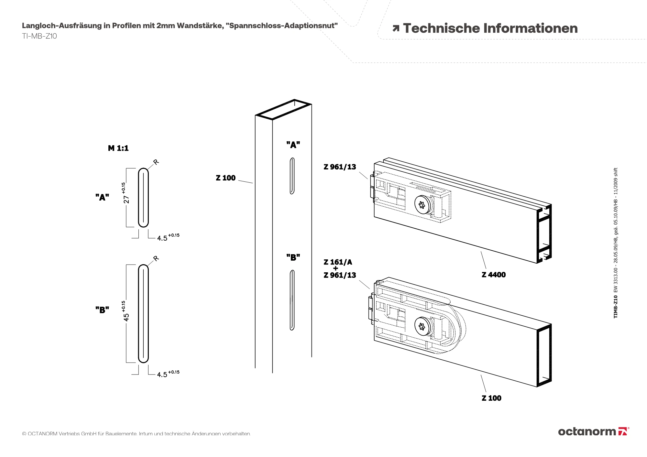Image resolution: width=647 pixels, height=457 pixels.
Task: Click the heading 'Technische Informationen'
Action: pos(490,28)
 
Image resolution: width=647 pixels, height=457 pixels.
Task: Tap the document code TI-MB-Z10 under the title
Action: pos(39,36)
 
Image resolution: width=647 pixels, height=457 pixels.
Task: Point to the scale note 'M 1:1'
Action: pos(118,148)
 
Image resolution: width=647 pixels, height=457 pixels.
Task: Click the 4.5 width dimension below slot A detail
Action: pos(162,238)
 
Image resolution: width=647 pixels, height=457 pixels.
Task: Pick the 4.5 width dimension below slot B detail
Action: pos(162,375)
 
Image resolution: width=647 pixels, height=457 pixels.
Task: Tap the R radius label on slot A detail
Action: pos(156,162)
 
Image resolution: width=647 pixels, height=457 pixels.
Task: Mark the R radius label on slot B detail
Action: pos(156,258)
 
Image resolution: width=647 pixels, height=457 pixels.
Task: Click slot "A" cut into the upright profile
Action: pos(292,176)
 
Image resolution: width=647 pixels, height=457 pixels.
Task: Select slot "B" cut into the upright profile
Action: pos(292,300)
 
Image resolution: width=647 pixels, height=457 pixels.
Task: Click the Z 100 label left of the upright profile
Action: pos(226,178)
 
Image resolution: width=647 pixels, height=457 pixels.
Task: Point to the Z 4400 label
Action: pos(493,275)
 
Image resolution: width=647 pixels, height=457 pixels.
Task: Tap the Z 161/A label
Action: pos(338,262)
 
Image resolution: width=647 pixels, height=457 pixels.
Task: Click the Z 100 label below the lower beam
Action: pos(491,398)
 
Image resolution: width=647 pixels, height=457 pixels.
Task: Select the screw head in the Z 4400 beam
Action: pos(422,205)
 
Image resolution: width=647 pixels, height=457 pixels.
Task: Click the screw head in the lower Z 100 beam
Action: pos(422,326)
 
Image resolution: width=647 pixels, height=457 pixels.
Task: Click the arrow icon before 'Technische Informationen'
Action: pos(396,28)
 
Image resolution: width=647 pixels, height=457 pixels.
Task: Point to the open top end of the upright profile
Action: pos(284,110)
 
